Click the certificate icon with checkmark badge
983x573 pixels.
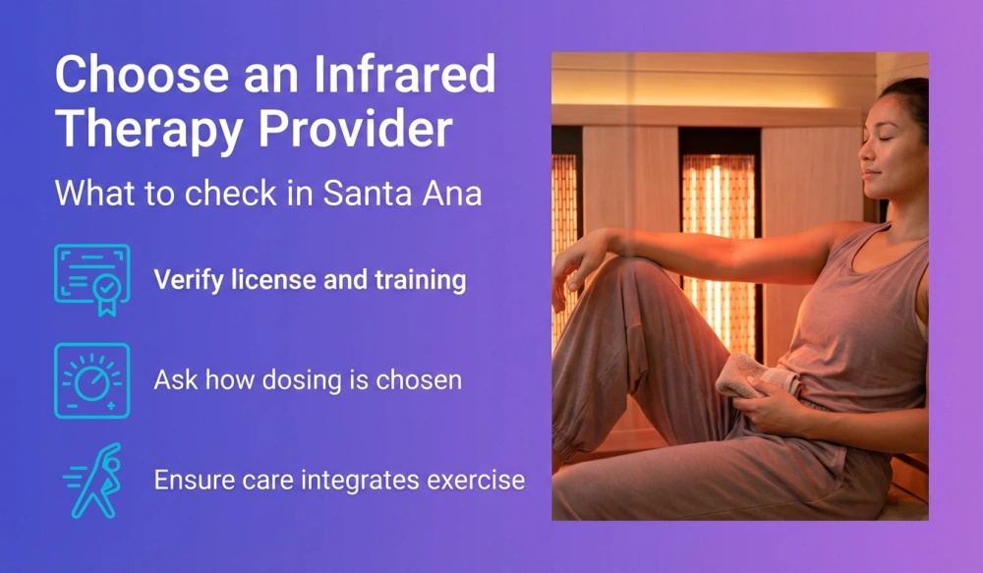pyautogui.click(x=91, y=279)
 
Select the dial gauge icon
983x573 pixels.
pyautogui.click(x=91, y=380)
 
